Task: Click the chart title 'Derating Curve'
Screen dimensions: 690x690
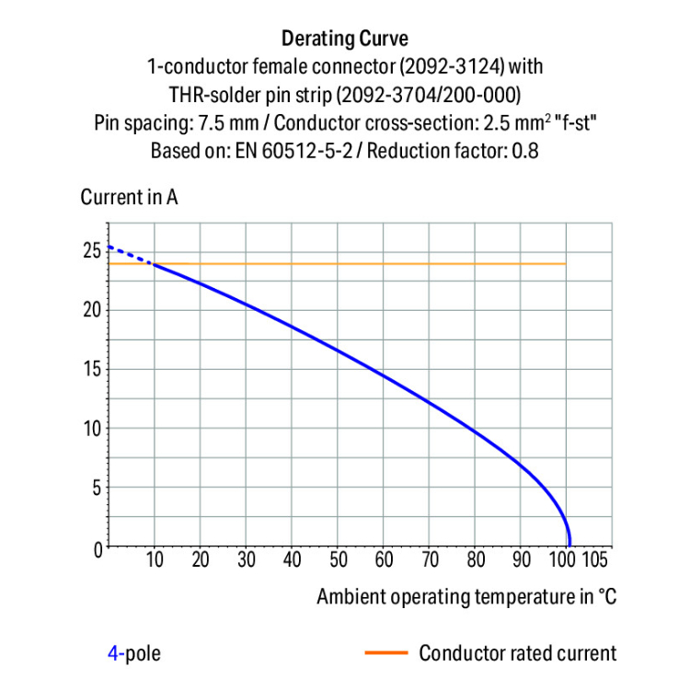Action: [x=345, y=39]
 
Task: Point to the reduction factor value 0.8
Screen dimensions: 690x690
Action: [x=525, y=150]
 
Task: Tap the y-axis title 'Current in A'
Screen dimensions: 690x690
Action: [x=129, y=197]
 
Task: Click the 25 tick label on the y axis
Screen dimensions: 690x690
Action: [x=91, y=250]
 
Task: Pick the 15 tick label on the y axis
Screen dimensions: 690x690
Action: [x=91, y=369]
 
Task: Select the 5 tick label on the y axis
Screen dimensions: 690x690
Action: [x=96, y=488]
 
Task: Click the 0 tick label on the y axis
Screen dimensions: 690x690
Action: [x=96, y=547]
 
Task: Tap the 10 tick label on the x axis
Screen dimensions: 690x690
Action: [x=155, y=560]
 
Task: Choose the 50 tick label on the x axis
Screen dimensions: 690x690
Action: [x=338, y=560]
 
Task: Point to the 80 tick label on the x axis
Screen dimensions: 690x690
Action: [x=475, y=560]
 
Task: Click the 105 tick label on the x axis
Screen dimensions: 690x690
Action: [x=594, y=560]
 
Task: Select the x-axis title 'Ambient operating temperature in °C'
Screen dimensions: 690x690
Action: [x=466, y=596]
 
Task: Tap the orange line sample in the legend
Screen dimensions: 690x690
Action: [x=385, y=654]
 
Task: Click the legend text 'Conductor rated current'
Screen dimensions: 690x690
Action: [x=517, y=654]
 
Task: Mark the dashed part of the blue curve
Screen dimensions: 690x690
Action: [x=130, y=255]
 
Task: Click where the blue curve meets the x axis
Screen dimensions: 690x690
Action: [x=569, y=546]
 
